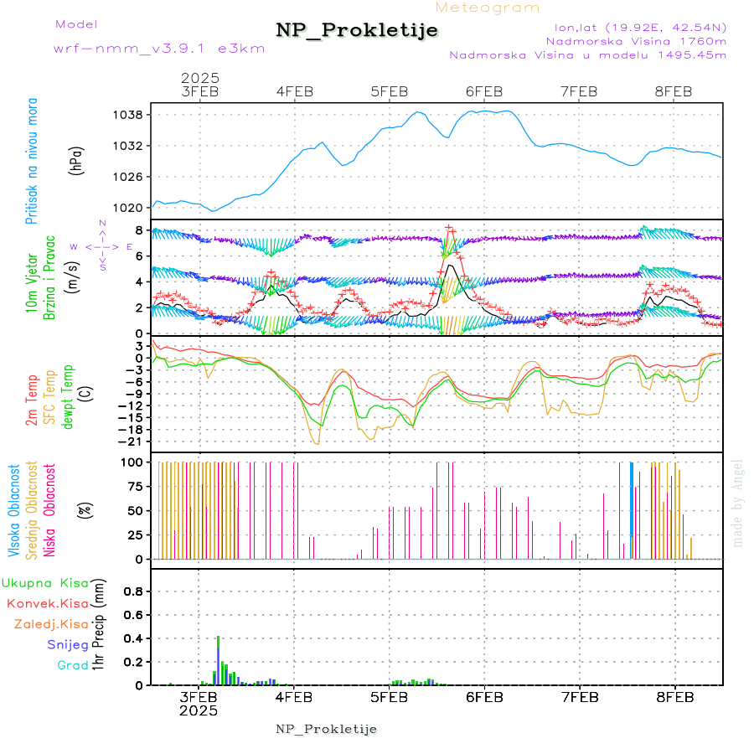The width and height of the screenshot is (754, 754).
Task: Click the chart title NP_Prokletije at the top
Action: [357, 31]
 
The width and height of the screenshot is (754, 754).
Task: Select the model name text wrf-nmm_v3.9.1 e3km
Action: [159, 49]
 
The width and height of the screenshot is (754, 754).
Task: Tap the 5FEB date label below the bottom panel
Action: [390, 696]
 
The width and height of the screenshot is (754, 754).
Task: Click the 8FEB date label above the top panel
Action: [674, 91]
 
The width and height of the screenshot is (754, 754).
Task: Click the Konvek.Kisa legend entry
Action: [47, 603]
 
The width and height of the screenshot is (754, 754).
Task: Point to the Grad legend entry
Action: [73, 665]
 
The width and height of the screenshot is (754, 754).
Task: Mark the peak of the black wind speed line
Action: [452, 266]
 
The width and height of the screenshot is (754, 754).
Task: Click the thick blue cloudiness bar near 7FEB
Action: [632, 510]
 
